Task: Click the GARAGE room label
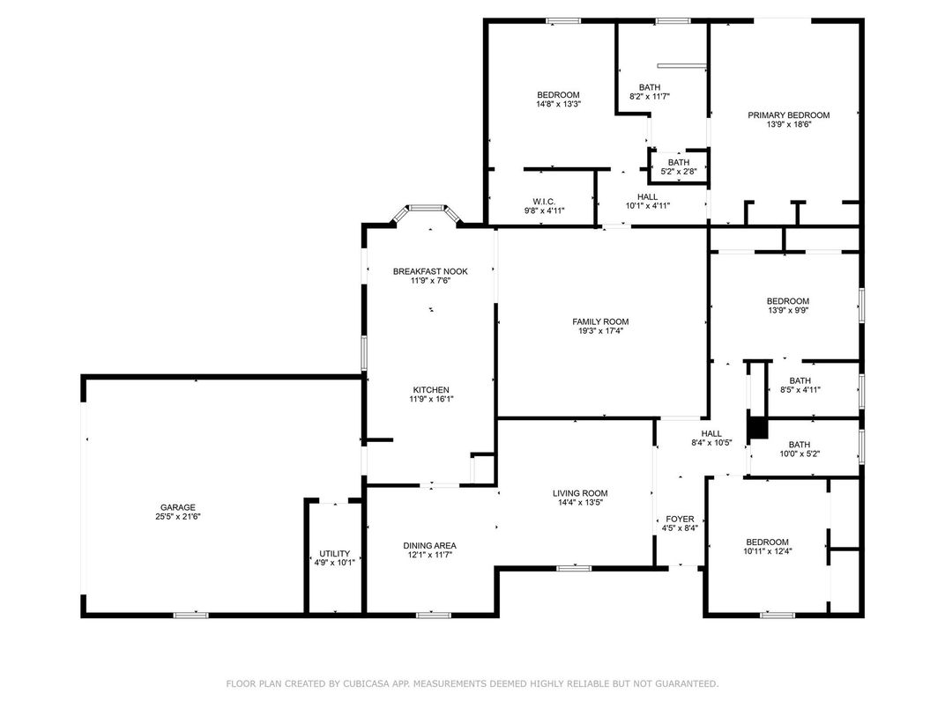177,507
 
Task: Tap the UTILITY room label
334,554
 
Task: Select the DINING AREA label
429,545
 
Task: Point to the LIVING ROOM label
580,493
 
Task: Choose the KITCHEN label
431,389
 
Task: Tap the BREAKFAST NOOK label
430,271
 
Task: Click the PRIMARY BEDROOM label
788,114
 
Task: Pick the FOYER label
679,519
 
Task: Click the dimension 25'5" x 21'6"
177,517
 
